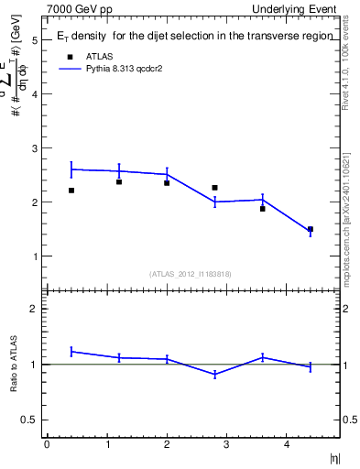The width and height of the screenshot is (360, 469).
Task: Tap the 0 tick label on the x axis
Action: [x=47, y=444]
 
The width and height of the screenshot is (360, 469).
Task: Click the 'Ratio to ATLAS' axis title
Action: [x=14, y=365]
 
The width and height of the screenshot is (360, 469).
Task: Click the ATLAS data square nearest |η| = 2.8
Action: [x=214, y=188]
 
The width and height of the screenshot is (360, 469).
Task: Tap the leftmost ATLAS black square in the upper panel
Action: [x=71, y=191]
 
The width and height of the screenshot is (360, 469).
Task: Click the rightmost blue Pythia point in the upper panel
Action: [x=310, y=231]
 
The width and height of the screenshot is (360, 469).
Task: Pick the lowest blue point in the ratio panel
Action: [x=214, y=374]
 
